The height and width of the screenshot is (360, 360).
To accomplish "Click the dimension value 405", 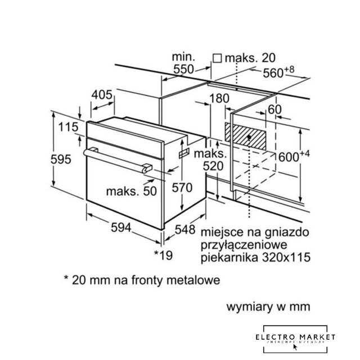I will coord(102,95).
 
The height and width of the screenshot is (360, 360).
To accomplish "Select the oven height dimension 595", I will coord(60,159).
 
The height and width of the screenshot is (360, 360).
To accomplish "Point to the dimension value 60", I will coord(274,109).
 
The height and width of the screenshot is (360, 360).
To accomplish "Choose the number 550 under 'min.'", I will coord(183,69).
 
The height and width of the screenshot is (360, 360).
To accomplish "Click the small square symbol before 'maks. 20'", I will coord(217,57).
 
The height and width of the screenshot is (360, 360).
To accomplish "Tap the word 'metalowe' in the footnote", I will coord(193,279).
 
